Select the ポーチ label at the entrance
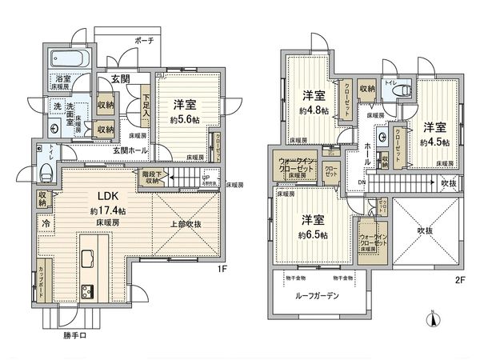(x=145, y=38)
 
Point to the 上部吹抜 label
(x=186, y=223)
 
